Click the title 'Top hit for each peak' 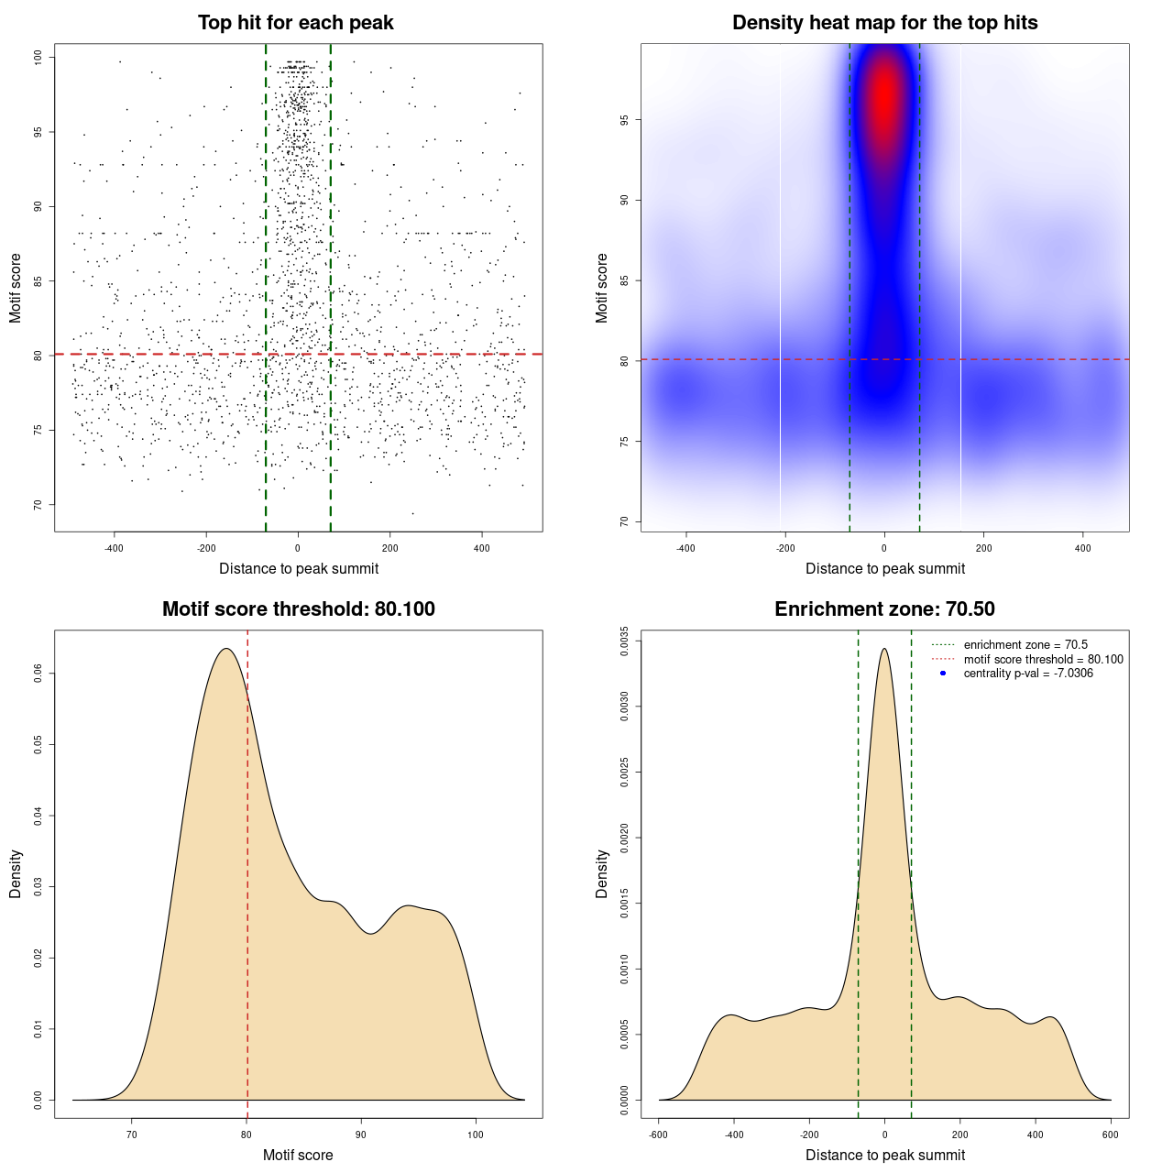[296, 23]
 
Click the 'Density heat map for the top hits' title [884, 23]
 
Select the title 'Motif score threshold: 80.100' [298, 609]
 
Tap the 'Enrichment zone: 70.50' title [884, 609]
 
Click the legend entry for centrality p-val [1028, 674]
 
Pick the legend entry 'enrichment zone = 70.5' [1025, 645]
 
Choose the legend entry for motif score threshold [1043, 660]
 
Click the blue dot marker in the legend [943, 674]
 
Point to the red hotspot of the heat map [884, 92]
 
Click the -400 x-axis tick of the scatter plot [114, 548]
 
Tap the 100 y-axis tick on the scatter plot [38, 57]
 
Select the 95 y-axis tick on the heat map [624, 120]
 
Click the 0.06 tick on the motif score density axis [38, 674]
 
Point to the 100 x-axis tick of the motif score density [475, 1135]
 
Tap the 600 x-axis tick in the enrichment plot [1111, 1135]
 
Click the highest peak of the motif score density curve [225, 649]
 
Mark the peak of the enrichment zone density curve [884, 649]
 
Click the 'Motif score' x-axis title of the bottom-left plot [298, 1155]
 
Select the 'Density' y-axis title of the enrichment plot [602, 873]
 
